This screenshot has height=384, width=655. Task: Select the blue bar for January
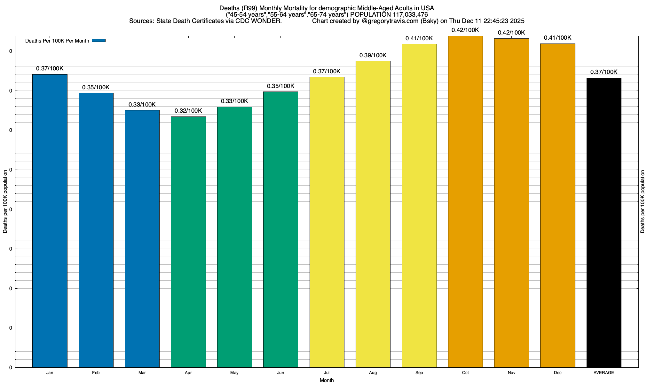click(50, 221)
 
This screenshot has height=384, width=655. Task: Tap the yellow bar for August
click(373, 214)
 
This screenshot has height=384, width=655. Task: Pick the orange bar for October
click(465, 202)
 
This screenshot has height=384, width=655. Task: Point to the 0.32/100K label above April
click(188, 111)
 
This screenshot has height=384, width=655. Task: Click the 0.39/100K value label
click(373, 55)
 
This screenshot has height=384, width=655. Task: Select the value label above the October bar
click(465, 30)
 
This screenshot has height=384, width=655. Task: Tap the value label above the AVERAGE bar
click(604, 72)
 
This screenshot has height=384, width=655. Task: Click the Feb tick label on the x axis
click(96, 373)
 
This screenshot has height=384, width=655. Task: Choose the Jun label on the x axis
click(280, 373)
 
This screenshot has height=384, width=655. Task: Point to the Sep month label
click(419, 373)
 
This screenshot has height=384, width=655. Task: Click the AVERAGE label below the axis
click(604, 373)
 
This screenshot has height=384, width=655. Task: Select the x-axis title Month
click(327, 380)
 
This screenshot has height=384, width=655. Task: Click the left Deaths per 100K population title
click(5, 202)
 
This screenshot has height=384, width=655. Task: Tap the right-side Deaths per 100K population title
click(643, 202)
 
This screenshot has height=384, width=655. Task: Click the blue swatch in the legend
click(99, 41)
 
